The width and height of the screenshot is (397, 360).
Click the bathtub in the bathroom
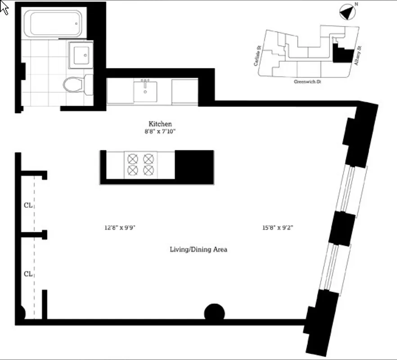(x=54, y=23)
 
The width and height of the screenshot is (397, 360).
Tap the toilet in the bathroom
(x=74, y=84)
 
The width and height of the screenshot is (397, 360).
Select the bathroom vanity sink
(x=81, y=55)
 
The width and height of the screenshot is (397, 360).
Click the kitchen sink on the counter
(x=145, y=92)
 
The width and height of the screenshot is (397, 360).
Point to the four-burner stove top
(x=140, y=164)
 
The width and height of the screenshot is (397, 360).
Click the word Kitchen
(x=160, y=124)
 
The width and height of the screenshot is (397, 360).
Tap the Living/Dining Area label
(x=198, y=249)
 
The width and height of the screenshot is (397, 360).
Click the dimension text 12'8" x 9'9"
(x=120, y=228)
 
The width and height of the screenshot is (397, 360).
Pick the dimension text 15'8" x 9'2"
(x=278, y=228)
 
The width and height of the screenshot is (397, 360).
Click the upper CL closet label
(x=28, y=205)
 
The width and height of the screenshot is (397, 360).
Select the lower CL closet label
(x=28, y=274)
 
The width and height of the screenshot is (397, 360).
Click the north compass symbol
(x=347, y=12)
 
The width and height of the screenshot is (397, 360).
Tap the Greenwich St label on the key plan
(x=307, y=82)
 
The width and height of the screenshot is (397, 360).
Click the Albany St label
(x=358, y=56)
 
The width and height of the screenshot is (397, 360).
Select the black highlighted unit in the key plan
(x=341, y=54)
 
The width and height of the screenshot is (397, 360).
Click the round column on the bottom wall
(x=214, y=313)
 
